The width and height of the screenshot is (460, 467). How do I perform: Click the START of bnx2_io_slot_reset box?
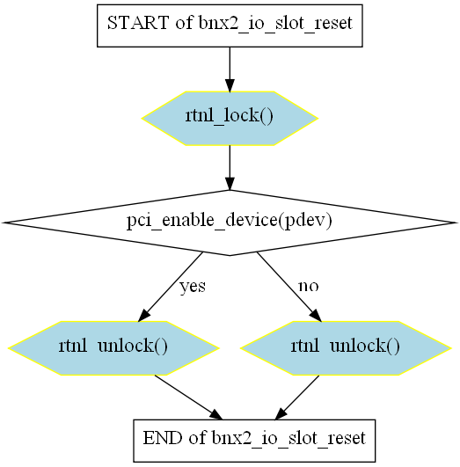(x=230, y=26)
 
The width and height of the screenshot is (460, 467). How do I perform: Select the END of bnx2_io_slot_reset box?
(x=254, y=441)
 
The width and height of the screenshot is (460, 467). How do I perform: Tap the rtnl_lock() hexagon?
(x=230, y=118)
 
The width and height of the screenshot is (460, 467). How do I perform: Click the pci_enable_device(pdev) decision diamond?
(x=230, y=223)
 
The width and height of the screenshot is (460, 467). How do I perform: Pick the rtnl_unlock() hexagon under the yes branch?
(x=113, y=348)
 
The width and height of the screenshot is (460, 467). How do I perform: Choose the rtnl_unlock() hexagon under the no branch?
(x=346, y=348)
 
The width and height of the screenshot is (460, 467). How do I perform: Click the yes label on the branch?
(x=193, y=287)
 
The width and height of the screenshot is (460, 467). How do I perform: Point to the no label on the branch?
(x=309, y=286)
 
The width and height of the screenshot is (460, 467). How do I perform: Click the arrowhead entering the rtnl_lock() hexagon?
(x=230, y=85)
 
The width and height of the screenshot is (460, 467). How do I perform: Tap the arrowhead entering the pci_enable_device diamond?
(x=230, y=184)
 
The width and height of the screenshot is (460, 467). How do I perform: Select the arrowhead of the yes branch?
(x=144, y=316)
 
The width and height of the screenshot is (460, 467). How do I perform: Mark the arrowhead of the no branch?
(x=316, y=316)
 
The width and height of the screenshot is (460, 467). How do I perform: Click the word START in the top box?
(x=138, y=23)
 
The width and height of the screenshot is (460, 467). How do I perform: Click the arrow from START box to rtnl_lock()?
(x=230, y=69)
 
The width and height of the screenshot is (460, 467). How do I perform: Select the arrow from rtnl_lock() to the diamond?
(x=230, y=168)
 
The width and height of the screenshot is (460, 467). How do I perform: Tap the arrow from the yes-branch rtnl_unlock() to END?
(x=188, y=398)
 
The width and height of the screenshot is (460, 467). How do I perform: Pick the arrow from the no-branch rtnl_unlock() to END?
(x=297, y=398)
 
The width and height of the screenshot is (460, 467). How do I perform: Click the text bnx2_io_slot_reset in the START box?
(x=275, y=23)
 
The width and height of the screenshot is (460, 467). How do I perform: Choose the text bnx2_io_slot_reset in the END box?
(x=288, y=438)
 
